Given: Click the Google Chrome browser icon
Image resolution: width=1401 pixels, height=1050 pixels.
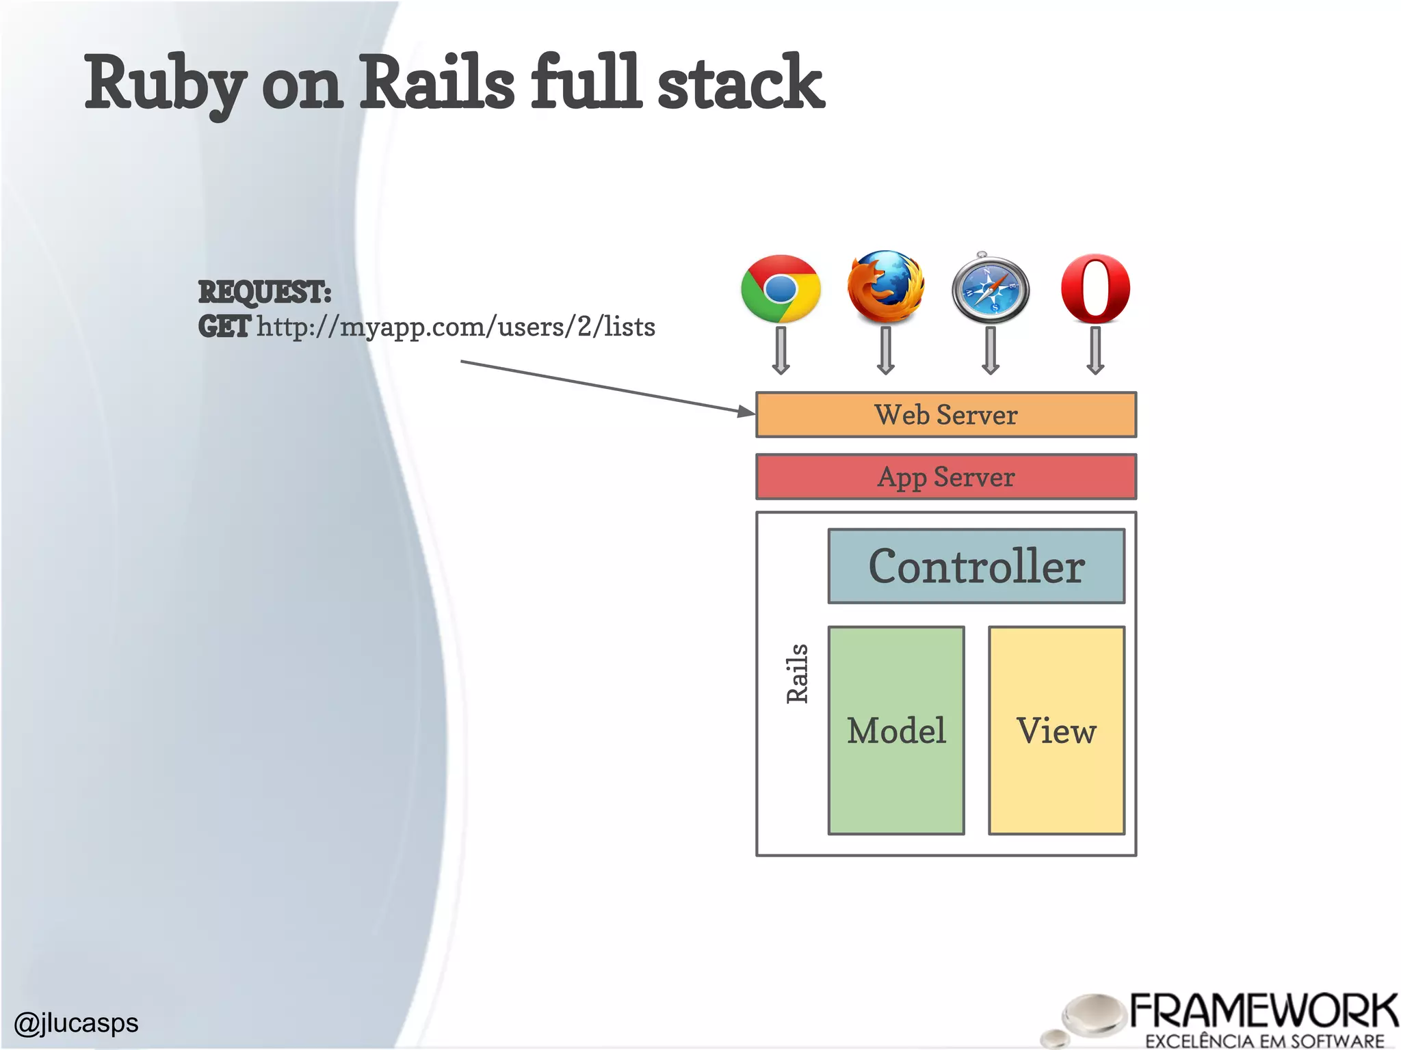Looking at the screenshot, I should [x=781, y=288].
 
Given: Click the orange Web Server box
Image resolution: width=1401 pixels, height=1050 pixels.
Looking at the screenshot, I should [x=945, y=415].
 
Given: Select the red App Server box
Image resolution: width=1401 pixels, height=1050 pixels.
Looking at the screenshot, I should [x=945, y=477].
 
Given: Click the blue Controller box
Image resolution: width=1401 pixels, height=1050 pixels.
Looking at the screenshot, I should [x=976, y=566].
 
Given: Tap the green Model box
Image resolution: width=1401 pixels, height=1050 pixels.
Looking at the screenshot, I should [x=896, y=730].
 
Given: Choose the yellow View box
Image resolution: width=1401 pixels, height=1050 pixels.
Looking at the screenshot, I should [x=1056, y=730].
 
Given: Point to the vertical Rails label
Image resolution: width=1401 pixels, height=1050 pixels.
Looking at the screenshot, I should [x=798, y=673].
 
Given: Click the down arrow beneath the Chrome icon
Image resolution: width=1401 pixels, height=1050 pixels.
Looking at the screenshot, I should [x=781, y=351].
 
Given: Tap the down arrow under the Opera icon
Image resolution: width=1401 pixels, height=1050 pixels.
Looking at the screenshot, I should [x=1095, y=351].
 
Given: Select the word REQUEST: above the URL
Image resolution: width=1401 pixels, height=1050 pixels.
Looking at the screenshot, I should [x=265, y=292].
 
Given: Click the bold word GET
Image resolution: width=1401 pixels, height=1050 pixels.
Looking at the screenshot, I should [x=224, y=327].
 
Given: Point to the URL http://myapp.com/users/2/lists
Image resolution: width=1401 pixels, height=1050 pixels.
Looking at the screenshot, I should [x=456, y=327].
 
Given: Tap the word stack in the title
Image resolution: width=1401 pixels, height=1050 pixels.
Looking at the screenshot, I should [x=740, y=83].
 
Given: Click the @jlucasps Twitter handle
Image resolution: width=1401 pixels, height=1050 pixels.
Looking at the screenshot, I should [x=76, y=1023].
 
